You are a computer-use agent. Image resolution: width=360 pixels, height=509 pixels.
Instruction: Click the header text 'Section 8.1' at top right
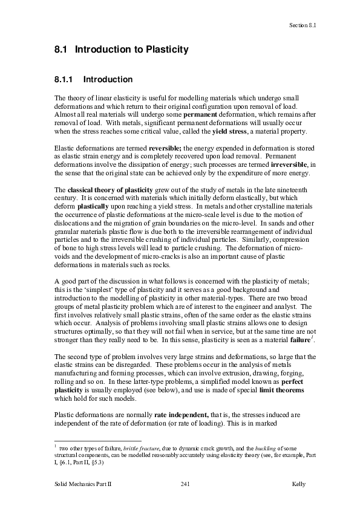[303, 25]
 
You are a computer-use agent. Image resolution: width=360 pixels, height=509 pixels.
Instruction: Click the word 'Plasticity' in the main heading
[167, 50]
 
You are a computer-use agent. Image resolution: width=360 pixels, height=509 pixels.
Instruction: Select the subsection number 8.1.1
[65, 79]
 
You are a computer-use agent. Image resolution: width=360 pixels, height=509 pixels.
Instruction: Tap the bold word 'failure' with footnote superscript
[295, 341]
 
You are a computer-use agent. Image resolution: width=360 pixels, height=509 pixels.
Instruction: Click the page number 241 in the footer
[186, 485]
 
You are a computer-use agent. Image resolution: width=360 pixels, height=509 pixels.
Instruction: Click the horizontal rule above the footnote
[97, 441]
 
